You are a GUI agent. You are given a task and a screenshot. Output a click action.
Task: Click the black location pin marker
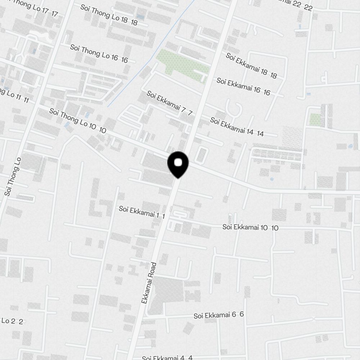[x=178, y=164]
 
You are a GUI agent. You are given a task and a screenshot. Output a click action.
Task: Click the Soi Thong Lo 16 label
[x=99, y=54]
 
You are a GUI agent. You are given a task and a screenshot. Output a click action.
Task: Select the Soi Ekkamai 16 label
[x=243, y=86]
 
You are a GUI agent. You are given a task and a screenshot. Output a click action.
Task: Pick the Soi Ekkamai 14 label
[x=237, y=127]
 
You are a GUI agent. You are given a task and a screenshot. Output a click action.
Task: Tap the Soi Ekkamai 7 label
[x=170, y=103]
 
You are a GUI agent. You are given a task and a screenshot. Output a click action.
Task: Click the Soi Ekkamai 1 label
[x=142, y=212]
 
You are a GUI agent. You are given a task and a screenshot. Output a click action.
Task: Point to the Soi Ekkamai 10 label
[x=250, y=227]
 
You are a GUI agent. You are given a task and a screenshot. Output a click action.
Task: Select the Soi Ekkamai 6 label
[x=219, y=315]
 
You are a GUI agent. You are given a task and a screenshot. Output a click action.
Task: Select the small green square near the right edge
[x=315, y=120]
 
